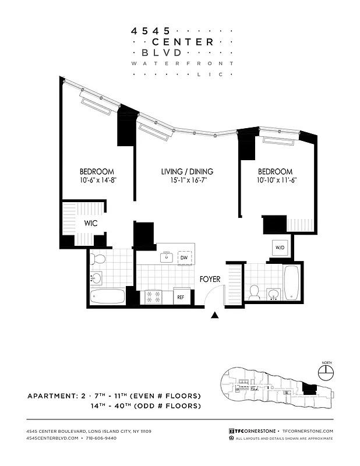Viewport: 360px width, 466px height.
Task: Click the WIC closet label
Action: coord(90,223)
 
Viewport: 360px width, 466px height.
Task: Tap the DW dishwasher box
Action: coord(183,257)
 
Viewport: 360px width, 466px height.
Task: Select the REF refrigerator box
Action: coord(181,297)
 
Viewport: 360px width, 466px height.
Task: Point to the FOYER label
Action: coord(210,280)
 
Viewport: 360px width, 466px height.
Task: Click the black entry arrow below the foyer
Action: coord(216,316)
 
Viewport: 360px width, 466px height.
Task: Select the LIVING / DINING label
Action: coord(187,171)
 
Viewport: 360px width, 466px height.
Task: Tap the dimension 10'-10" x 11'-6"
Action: coord(275,181)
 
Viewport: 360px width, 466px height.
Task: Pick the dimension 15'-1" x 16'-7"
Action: coord(187,181)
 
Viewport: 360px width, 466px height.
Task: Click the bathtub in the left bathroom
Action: coord(108,296)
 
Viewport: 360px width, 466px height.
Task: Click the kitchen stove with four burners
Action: coord(154,297)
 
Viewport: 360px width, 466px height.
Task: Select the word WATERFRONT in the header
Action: coord(182,63)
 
